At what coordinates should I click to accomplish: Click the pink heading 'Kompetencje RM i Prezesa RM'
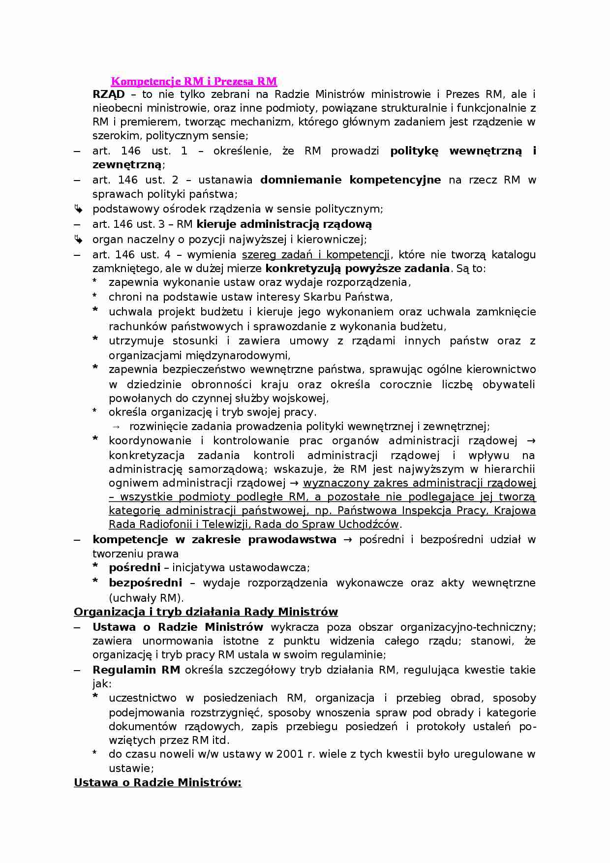194,81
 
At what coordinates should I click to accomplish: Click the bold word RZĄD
108,94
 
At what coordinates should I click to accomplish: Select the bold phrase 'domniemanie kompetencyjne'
350,180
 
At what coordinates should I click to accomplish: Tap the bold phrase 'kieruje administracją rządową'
284,224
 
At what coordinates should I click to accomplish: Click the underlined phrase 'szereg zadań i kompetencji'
315,254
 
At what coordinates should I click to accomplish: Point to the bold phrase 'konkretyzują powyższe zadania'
357,268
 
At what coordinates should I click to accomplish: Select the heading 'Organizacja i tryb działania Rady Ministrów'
206,612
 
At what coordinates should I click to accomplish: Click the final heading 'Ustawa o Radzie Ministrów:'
157,782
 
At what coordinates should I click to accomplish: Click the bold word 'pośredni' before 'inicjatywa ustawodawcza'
134,568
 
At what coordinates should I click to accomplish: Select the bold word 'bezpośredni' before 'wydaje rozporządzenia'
145,583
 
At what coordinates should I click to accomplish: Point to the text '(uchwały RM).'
146,598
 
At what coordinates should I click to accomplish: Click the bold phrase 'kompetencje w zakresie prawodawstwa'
214,539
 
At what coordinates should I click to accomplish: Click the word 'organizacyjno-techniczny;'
468,627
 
